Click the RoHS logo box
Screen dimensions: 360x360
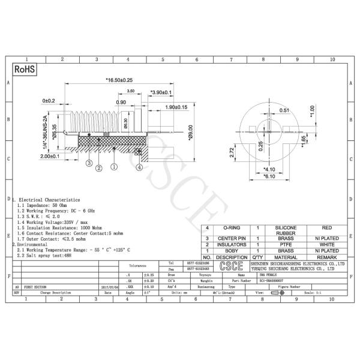(25, 70)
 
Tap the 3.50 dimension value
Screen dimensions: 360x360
(130, 91)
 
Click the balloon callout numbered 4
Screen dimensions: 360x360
(139, 168)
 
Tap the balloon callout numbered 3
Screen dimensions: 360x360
(88, 162)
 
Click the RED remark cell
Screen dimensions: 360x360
(326, 229)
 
